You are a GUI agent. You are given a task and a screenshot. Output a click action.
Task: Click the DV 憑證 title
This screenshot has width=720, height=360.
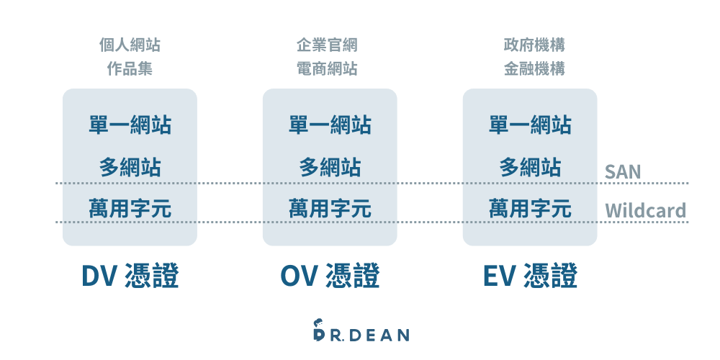point(130,276)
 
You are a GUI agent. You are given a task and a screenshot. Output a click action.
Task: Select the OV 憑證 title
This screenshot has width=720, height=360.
point(330,276)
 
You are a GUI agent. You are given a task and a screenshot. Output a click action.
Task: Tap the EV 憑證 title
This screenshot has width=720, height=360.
point(530,276)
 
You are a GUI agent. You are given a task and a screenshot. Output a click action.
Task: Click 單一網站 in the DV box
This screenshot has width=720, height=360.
point(130,125)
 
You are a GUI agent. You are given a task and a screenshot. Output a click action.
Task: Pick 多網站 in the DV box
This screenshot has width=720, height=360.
point(130,168)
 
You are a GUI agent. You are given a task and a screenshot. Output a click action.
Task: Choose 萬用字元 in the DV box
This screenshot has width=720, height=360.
point(130,209)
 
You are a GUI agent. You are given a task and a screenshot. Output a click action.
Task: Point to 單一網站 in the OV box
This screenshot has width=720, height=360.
point(330,125)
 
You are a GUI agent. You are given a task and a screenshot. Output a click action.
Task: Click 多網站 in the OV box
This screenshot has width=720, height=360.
point(330,168)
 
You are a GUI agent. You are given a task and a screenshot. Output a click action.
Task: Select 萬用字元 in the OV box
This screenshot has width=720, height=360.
point(330,209)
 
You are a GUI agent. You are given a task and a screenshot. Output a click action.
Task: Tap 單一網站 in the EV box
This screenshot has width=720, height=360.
point(530,125)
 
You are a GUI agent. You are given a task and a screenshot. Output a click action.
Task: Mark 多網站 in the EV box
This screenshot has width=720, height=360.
point(530,168)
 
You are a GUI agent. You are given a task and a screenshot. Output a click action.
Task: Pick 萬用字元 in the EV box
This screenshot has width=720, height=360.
point(530,209)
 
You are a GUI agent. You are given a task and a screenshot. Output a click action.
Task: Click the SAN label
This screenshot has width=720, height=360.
point(623,171)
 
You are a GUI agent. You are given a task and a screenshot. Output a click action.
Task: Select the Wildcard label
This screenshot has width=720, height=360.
point(645,211)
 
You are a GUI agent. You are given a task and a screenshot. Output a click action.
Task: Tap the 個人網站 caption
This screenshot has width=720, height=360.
point(130,45)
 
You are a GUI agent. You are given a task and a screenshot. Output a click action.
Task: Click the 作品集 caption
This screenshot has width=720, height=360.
point(130,70)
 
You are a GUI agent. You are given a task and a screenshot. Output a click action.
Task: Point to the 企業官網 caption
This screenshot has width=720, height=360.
point(327,45)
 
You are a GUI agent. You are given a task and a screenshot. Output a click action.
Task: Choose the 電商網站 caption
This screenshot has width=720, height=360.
point(327,70)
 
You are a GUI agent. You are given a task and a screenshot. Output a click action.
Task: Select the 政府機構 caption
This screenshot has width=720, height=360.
point(534,45)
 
